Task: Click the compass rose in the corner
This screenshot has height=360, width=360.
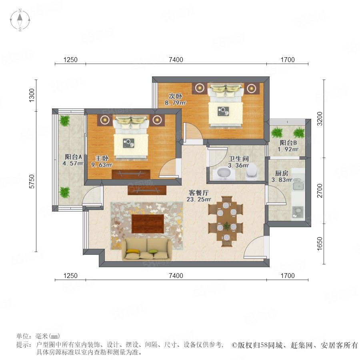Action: pyautogui.click(x=20, y=20)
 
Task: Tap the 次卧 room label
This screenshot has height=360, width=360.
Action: pyautogui.click(x=176, y=96)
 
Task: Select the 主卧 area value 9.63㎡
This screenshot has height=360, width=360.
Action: pyautogui.click(x=102, y=165)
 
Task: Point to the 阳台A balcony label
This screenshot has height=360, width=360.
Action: pyautogui.click(x=74, y=157)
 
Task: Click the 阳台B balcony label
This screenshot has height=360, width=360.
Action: pyautogui.click(x=288, y=143)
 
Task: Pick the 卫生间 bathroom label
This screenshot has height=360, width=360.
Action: pyautogui.click(x=239, y=159)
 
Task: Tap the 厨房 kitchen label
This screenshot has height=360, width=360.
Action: pyautogui.click(x=282, y=173)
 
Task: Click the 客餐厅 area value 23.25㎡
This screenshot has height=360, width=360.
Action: pyautogui.click(x=199, y=199)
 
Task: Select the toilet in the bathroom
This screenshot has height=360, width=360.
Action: pyautogui.click(x=252, y=172)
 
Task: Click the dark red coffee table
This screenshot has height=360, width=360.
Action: pyautogui.click(x=148, y=224)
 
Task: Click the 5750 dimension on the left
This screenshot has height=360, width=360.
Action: pyautogui.click(x=32, y=182)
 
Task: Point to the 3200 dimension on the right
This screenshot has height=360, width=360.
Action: pyautogui.click(x=320, y=119)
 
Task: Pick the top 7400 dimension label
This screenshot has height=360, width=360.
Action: pyautogui.click(x=176, y=60)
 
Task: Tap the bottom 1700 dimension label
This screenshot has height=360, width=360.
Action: pyautogui.click(x=288, y=276)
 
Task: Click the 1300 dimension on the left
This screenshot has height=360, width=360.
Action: pyautogui.click(x=32, y=95)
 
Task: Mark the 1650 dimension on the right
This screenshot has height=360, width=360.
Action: pyautogui.click(x=320, y=244)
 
